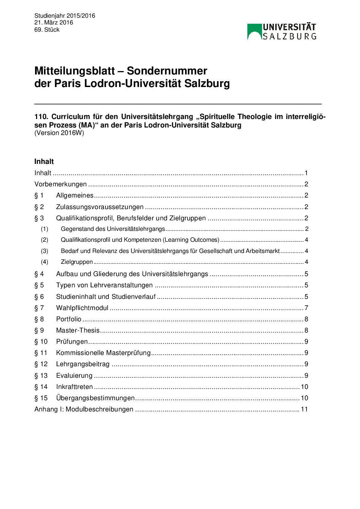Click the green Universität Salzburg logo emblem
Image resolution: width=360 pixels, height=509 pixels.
click(x=254, y=32)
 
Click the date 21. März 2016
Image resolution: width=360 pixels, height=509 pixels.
click(x=53, y=22)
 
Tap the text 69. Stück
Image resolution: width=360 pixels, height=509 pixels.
click(x=47, y=30)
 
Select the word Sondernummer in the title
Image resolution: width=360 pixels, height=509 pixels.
click(x=167, y=71)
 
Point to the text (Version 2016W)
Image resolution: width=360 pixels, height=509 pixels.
click(x=59, y=133)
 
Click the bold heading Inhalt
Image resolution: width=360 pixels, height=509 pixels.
click(x=44, y=162)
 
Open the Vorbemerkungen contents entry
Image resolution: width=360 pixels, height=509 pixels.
click(x=61, y=184)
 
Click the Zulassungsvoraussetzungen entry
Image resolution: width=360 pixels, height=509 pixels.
click(x=100, y=207)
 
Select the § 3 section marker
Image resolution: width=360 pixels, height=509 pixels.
click(x=39, y=218)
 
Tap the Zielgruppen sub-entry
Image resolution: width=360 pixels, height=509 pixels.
click(x=77, y=262)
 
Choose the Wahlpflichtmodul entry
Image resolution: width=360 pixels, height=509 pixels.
click(x=82, y=308)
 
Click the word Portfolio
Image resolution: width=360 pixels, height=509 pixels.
click(x=68, y=319)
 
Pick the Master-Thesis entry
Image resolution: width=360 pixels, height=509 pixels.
click(x=78, y=330)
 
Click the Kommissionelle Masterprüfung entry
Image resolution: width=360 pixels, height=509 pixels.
click(x=103, y=353)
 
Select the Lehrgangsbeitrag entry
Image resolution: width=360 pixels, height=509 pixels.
click(x=83, y=364)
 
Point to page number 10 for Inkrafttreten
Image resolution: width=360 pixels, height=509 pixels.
click(x=304, y=387)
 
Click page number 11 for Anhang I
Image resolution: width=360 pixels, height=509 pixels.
click(x=304, y=409)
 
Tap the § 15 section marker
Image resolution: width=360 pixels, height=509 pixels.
click(x=41, y=398)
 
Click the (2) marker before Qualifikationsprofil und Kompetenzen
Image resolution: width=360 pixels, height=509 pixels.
click(x=45, y=240)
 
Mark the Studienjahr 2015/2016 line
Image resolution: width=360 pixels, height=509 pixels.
click(x=65, y=16)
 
